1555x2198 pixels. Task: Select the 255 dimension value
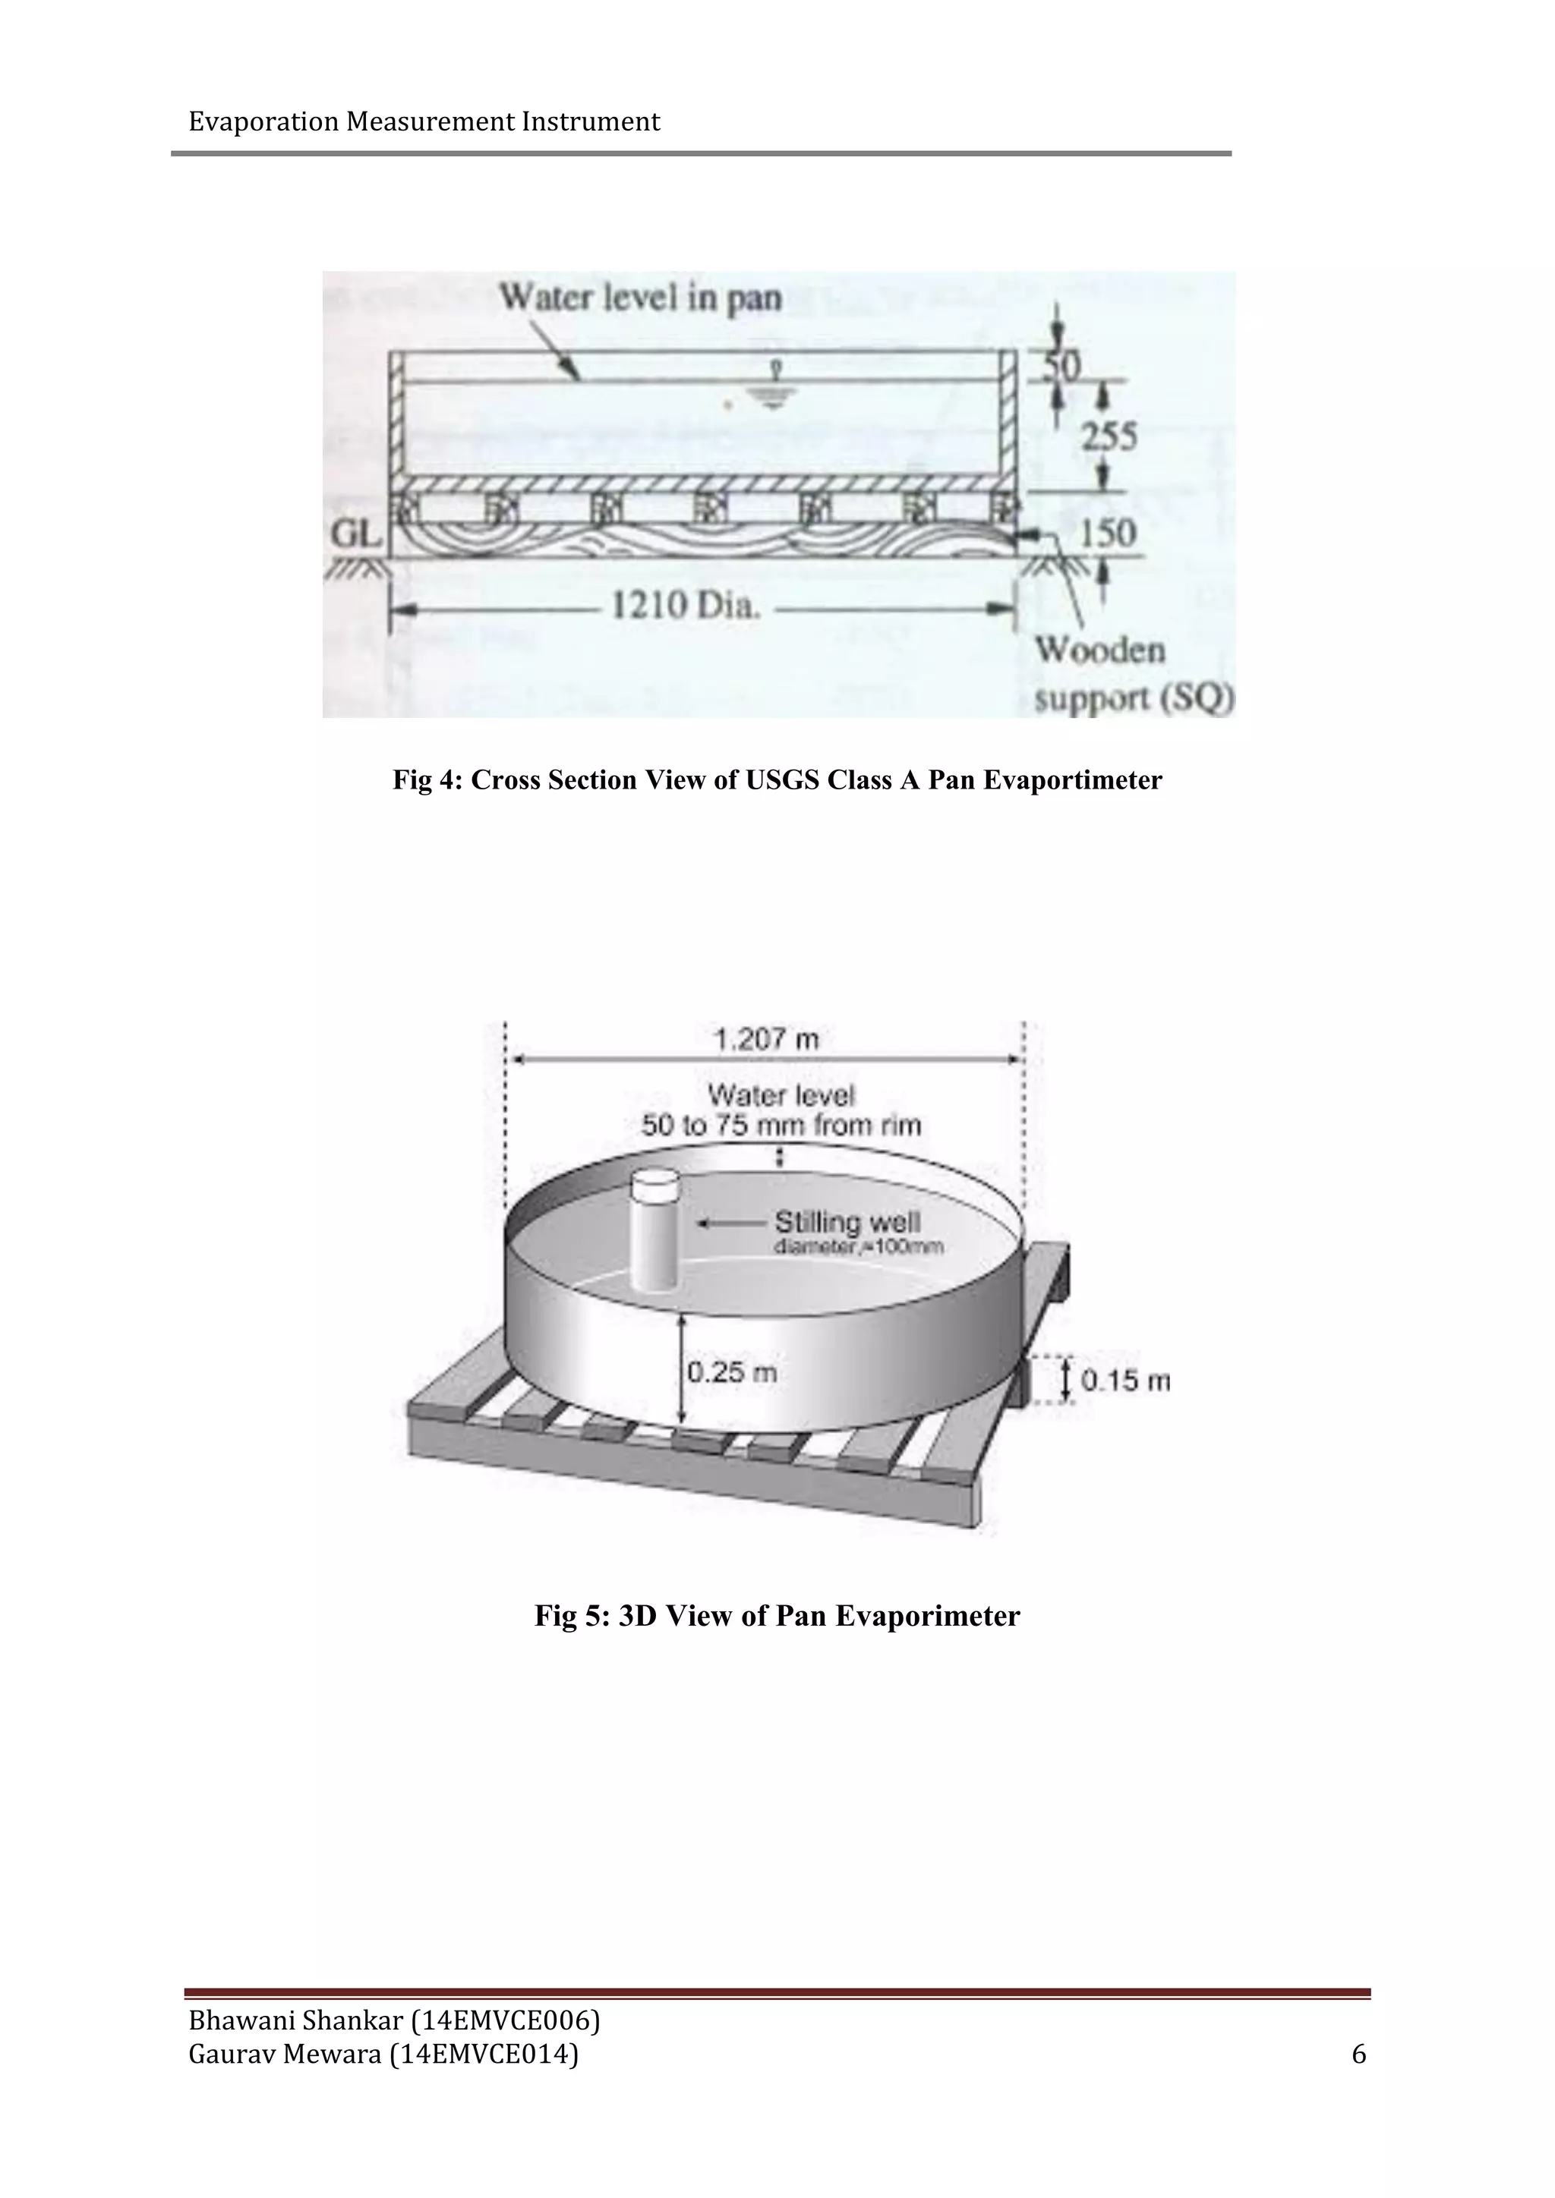pos(1109,436)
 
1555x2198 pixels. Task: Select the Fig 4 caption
pos(777,780)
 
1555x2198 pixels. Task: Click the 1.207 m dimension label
pos(766,1039)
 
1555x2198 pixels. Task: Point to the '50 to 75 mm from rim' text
pos(781,1125)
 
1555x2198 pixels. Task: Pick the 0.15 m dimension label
pos(1125,1381)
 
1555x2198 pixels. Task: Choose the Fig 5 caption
pos(777,1616)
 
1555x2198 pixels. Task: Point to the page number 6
pos(1358,2055)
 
